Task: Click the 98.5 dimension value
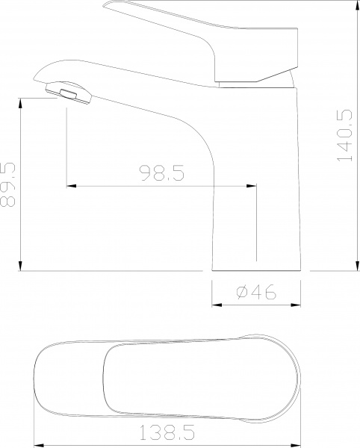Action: [162, 172]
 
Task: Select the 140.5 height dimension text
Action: [344, 135]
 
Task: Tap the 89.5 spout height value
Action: [7, 184]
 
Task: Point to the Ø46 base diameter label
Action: [256, 292]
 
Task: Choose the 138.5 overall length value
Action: [167, 432]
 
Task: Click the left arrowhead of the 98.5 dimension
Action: [72, 186]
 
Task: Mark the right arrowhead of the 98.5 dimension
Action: [252, 186]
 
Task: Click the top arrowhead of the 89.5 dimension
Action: [20, 103]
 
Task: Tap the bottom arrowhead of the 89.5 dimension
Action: [20, 265]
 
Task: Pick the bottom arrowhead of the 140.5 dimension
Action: [357, 265]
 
